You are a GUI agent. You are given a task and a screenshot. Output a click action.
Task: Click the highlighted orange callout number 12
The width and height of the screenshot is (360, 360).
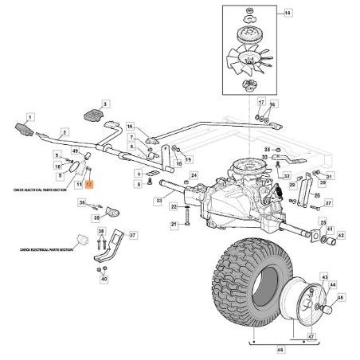[89, 183]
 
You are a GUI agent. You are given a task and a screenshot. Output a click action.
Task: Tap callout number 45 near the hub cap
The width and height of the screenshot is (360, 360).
[341, 299]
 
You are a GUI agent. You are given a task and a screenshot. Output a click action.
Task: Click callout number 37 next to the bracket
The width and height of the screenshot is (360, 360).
[133, 236]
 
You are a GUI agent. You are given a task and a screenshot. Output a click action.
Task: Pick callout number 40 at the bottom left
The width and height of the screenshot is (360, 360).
[104, 279]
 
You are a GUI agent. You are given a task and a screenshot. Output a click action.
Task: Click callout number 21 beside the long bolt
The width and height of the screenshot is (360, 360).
[173, 225]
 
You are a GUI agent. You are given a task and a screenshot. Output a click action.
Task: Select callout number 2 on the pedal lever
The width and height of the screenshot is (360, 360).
[65, 132]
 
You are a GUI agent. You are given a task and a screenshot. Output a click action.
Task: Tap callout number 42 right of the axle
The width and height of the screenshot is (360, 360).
[341, 235]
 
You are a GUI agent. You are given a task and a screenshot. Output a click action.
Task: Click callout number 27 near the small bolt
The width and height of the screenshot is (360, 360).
[327, 203]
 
